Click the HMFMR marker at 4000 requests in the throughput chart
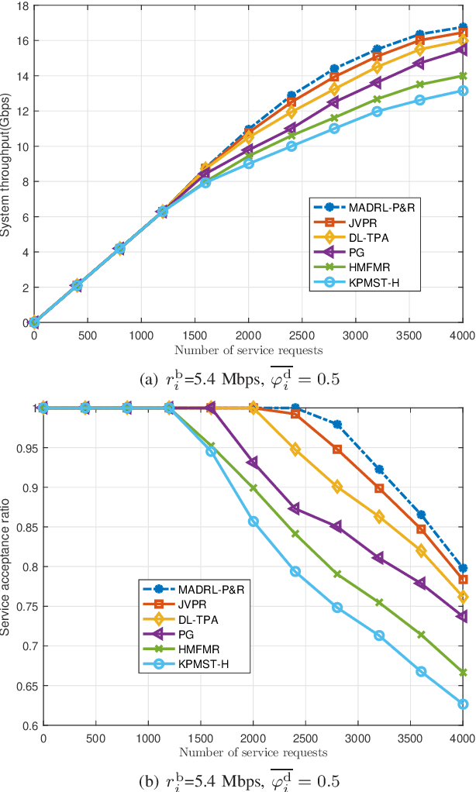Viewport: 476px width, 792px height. [x=463, y=76]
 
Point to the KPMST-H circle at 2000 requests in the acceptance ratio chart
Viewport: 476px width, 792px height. [x=253, y=522]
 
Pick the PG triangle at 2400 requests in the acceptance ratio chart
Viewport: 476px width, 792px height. [x=295, y=508]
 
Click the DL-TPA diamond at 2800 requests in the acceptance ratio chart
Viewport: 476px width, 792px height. [x=336, y=487]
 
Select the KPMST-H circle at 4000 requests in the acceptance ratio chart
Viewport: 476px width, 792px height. [x=463, y=704]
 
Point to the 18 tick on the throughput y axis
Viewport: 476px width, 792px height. [x=22, y=5]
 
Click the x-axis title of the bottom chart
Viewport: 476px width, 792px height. [x=253, y=752]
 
